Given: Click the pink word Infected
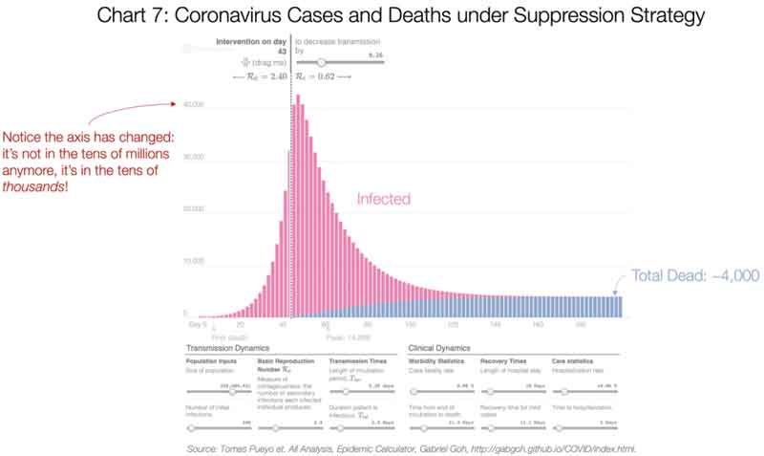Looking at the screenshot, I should (383, 199).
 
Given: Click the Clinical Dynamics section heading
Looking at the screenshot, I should (446, 348).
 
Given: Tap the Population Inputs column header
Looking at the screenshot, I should (210, 360).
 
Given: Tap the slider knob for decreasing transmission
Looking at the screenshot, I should (321, 62).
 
